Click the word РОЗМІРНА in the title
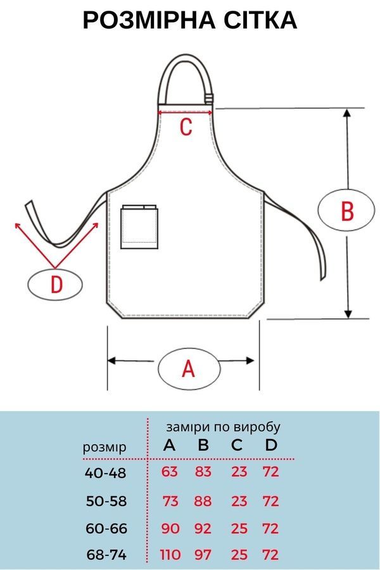(x=149, y=20)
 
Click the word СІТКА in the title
(x=260, y=20)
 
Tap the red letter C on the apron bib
(x=186, y=127)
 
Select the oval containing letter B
(x=346, y=210)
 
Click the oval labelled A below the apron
(x=189, y=369)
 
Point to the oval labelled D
(x=55, y=284)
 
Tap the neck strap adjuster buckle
(x=208, y=98)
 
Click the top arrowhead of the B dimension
(x=348, y=112)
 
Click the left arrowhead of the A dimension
(x=111, y=360)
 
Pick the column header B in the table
(x=203, y=445)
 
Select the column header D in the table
(x=271, y=445)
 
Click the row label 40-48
(x=106, y=473)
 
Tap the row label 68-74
(x=106, y=555)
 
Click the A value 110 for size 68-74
(x=170, y=555)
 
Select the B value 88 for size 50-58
(x=203, y=501)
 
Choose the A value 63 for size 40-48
(x=170, y=472)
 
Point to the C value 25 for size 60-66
(x=239, y=528)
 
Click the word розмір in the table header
(x=104, y=448)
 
